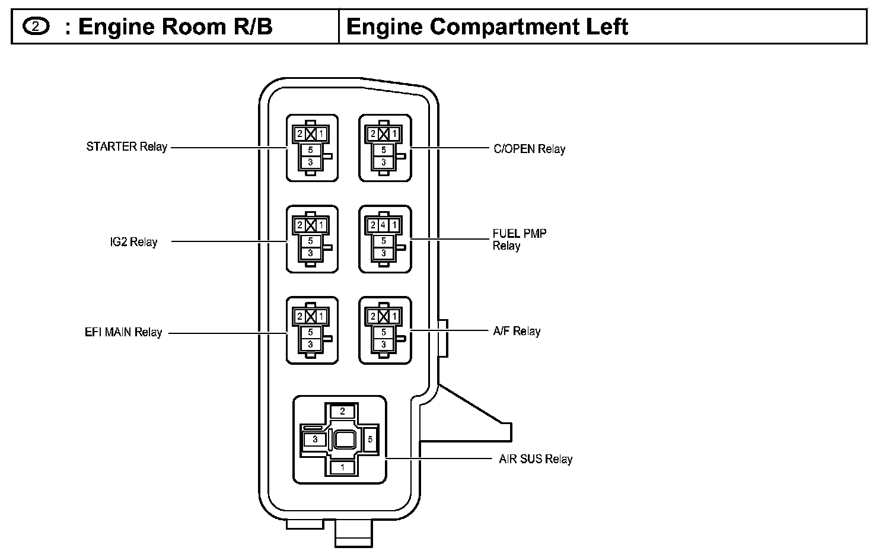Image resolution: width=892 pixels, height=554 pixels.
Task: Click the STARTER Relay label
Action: click(x=127, y=147)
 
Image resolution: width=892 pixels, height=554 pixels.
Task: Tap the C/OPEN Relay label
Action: click(x=529, y=149)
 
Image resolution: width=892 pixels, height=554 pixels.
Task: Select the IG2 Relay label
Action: click(x=134, y=242)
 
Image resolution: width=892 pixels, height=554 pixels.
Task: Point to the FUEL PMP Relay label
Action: click(x=520, y=240)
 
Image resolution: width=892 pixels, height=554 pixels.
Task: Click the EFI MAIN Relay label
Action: click(x=123, y=333)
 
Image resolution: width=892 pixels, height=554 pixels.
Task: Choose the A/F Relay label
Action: click(x=517, y=332)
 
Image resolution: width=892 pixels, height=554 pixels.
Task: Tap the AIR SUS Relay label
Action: click(x=536, y=459)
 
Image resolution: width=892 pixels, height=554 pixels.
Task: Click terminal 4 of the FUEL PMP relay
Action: click(x=383, y=225)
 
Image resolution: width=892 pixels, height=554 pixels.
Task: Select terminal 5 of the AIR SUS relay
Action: click(x=370, y=440)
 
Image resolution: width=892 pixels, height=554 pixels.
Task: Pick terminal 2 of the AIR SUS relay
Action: click(x=342, y=412)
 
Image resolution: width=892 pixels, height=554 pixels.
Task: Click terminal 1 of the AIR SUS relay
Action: click(x=342, y=467)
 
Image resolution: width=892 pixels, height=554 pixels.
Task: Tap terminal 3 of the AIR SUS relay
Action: click(x=315, y=440)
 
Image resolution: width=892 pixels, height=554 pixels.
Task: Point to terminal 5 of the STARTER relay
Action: click(x=311, y=150)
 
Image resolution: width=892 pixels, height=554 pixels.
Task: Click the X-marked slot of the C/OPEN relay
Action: click(x=384, y=134)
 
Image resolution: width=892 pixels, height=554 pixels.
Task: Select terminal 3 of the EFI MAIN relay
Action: click(x=311, y=345)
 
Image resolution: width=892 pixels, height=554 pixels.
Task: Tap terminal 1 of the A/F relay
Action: click(x=394, y=317)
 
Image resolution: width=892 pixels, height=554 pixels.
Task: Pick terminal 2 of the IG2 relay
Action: click(x=300, y=225)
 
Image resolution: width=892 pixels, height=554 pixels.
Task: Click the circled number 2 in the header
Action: click(x=36, y=27)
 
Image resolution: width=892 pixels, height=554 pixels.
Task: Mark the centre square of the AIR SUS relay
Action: click(x=344, y=440)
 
